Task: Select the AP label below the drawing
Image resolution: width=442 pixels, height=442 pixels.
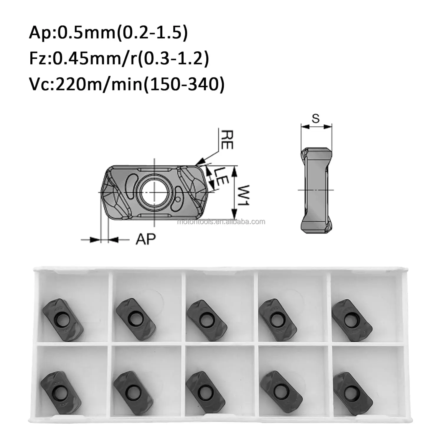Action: click(x=145, y=239)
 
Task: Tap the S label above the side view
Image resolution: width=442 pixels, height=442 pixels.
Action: click(x=316, y=118)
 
